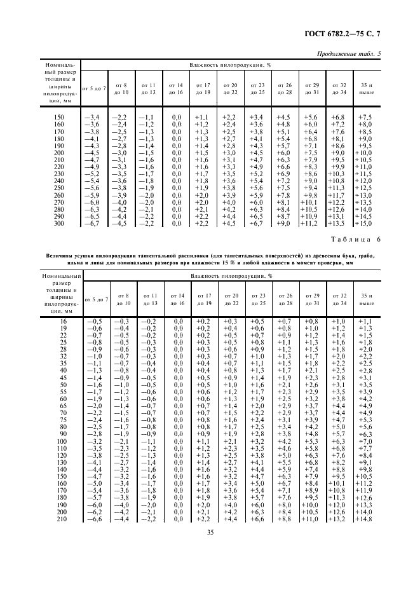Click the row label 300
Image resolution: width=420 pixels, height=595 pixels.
(x=59, y=223)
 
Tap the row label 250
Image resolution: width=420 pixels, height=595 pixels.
(x=59, y=188)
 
